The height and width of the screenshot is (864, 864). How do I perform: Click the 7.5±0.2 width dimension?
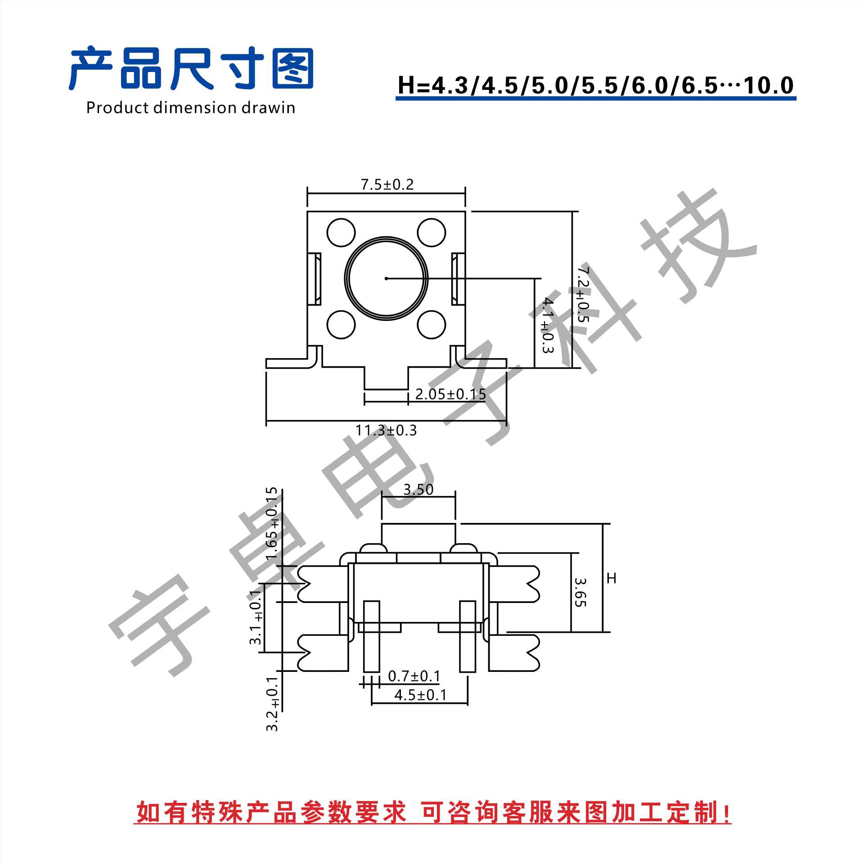coord(387,184)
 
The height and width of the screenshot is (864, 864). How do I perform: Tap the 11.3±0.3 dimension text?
coord(386,431)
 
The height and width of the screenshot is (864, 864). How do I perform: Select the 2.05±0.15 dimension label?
coord(450,394)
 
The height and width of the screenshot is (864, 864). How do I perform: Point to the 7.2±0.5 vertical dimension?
coord(583,295)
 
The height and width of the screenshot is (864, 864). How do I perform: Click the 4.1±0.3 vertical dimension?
coord(547,325)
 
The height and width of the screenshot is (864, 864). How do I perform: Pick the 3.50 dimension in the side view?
coord(418,489)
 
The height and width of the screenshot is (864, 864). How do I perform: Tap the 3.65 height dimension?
coord(580,592)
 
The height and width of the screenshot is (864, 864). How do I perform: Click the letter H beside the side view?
coord(611,578)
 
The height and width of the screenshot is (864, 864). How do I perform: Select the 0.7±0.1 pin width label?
coord(414,676)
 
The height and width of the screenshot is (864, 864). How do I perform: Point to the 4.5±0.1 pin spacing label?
coord(420,695)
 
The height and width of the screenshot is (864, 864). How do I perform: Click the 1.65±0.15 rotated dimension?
coord(272,523)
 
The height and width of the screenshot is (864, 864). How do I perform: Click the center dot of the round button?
coord(386,279)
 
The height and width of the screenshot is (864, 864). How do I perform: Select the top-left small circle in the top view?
coord(341,233)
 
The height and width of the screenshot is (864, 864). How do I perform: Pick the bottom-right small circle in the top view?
coord(431,324)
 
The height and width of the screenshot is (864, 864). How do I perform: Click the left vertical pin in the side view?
coord(371,636)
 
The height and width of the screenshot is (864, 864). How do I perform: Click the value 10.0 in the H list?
coord(769,85)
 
